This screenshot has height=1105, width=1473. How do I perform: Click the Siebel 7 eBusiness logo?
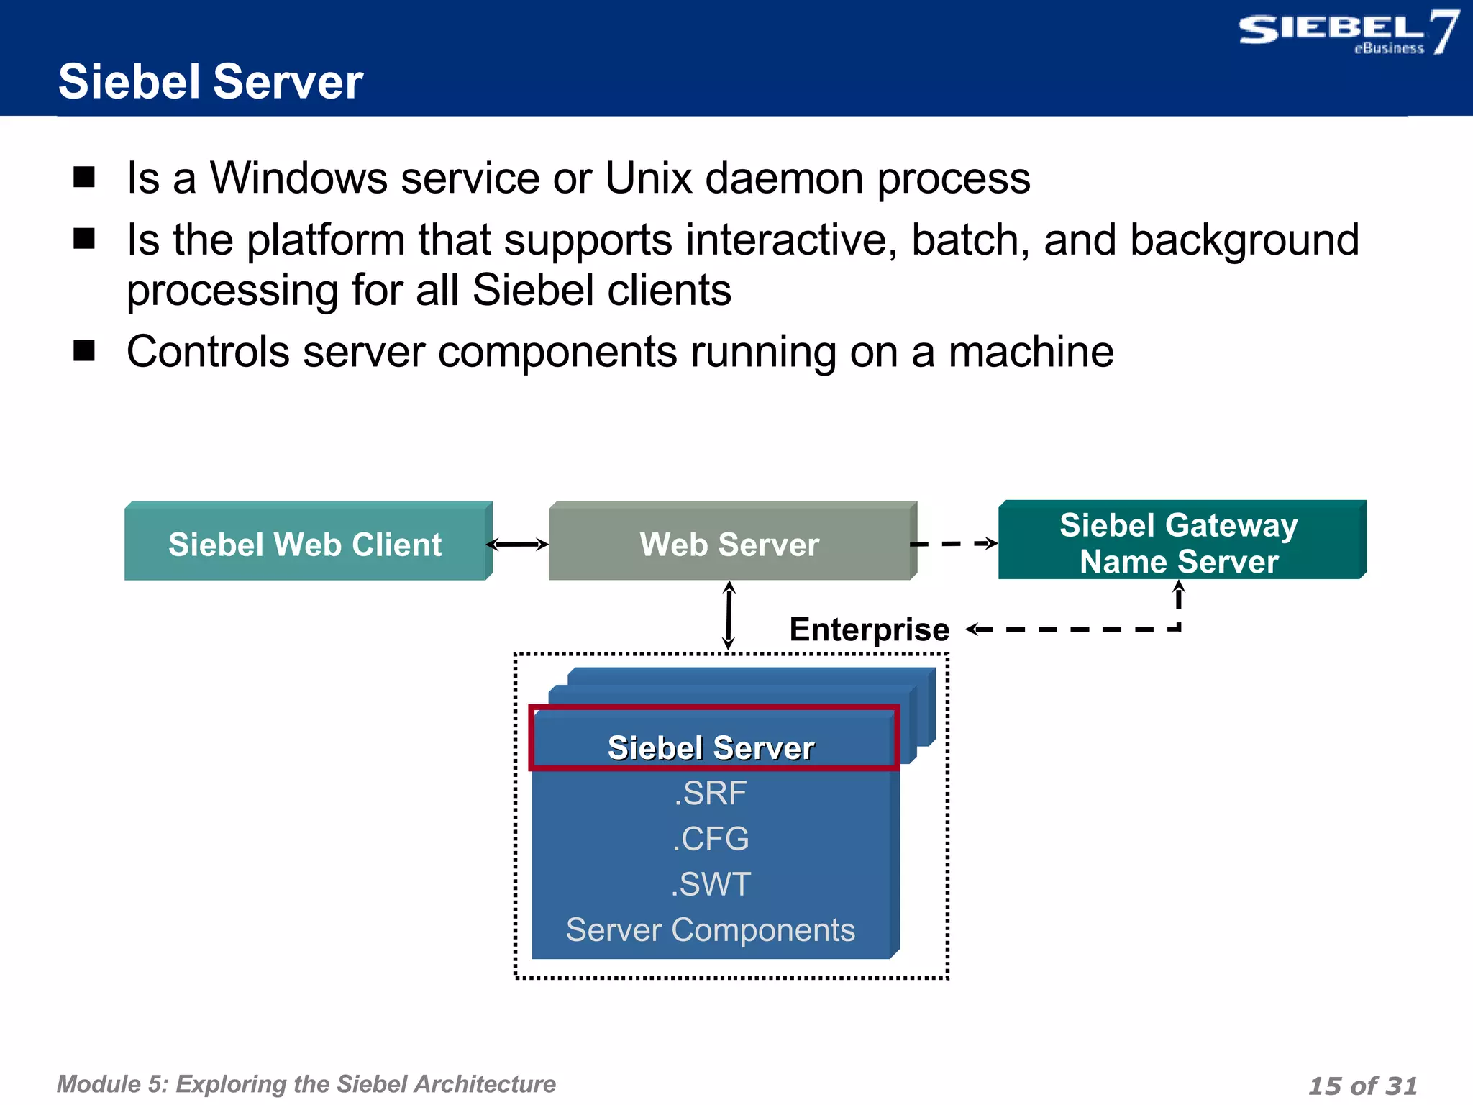tap(1348, 32)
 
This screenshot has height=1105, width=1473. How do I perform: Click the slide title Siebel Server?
tap(210, 81)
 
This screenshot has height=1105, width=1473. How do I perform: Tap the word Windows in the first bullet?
tap(298, 178)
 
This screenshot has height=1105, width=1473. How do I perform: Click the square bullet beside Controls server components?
tap(84, 351)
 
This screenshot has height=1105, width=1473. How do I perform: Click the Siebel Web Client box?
tap(306, 544)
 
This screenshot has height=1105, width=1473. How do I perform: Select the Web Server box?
tap(729, 544)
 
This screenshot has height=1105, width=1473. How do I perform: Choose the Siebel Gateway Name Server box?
tap(1180, 543)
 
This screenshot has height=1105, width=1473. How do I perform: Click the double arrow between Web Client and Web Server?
tap(518, 545)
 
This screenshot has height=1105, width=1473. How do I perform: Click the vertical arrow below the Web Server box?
tap(729, 615)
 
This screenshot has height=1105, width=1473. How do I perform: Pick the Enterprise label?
tap(869, 629)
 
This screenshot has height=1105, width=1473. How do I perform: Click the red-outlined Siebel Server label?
tap(711, 747)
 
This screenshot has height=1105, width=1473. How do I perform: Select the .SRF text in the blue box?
tap(711, 793)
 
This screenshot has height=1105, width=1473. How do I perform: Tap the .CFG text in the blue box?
tap(711, 839)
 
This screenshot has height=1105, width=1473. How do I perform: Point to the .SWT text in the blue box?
tap(711, 884)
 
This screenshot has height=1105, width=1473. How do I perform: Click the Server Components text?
tap(711, 930)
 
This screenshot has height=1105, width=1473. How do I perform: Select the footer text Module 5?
tap(306, 1084)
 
